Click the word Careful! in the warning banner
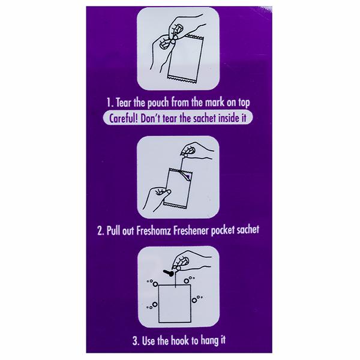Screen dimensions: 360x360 (x=124, y=118)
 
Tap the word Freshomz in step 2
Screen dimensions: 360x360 (x=154, y=230)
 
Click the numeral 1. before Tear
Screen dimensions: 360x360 (x=110, y=103)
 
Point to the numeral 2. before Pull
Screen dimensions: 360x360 (x=101, y=231)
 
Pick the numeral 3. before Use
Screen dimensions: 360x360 (x=136, y=341)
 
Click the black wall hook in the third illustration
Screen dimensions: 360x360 (x=169, y=273)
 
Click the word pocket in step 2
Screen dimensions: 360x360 (x=223, y=230)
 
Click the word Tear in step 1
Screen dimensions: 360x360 (x=124, y=103)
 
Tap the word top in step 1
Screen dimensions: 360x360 (x=244, y=103)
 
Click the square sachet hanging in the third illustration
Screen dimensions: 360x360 (x=175, y=304)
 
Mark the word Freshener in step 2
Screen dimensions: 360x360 (x=191, y=230)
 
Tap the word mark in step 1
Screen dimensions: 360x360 (x=215, y=103)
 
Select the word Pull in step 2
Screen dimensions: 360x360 (x=114, y=230)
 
